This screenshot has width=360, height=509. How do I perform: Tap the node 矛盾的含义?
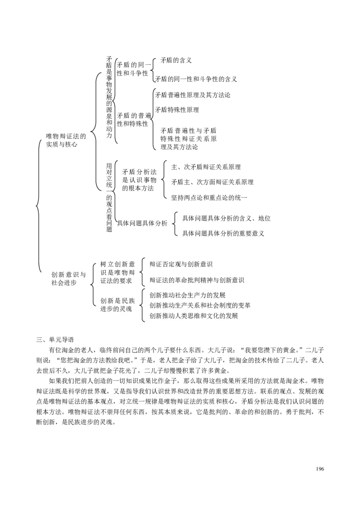176,60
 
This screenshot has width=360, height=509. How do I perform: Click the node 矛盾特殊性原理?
177,109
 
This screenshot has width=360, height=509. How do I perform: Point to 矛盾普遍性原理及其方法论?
193,95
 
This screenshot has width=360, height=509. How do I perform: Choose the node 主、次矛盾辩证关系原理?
206,167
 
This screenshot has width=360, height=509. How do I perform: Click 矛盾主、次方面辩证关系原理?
212,182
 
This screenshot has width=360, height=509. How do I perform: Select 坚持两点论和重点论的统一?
209,197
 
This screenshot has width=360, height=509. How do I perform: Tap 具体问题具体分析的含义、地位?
226,218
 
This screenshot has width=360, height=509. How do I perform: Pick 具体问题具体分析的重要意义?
223,233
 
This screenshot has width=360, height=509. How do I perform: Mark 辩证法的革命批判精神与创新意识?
197,280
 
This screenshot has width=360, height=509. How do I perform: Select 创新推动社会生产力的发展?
187,295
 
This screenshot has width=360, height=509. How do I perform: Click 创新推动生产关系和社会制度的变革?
200,305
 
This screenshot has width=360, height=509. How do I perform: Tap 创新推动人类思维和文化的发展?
193,315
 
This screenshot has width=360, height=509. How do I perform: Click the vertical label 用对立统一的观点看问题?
109,197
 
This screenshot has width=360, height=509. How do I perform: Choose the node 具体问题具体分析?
142,223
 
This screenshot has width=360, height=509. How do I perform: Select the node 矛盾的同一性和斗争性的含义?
196,79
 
